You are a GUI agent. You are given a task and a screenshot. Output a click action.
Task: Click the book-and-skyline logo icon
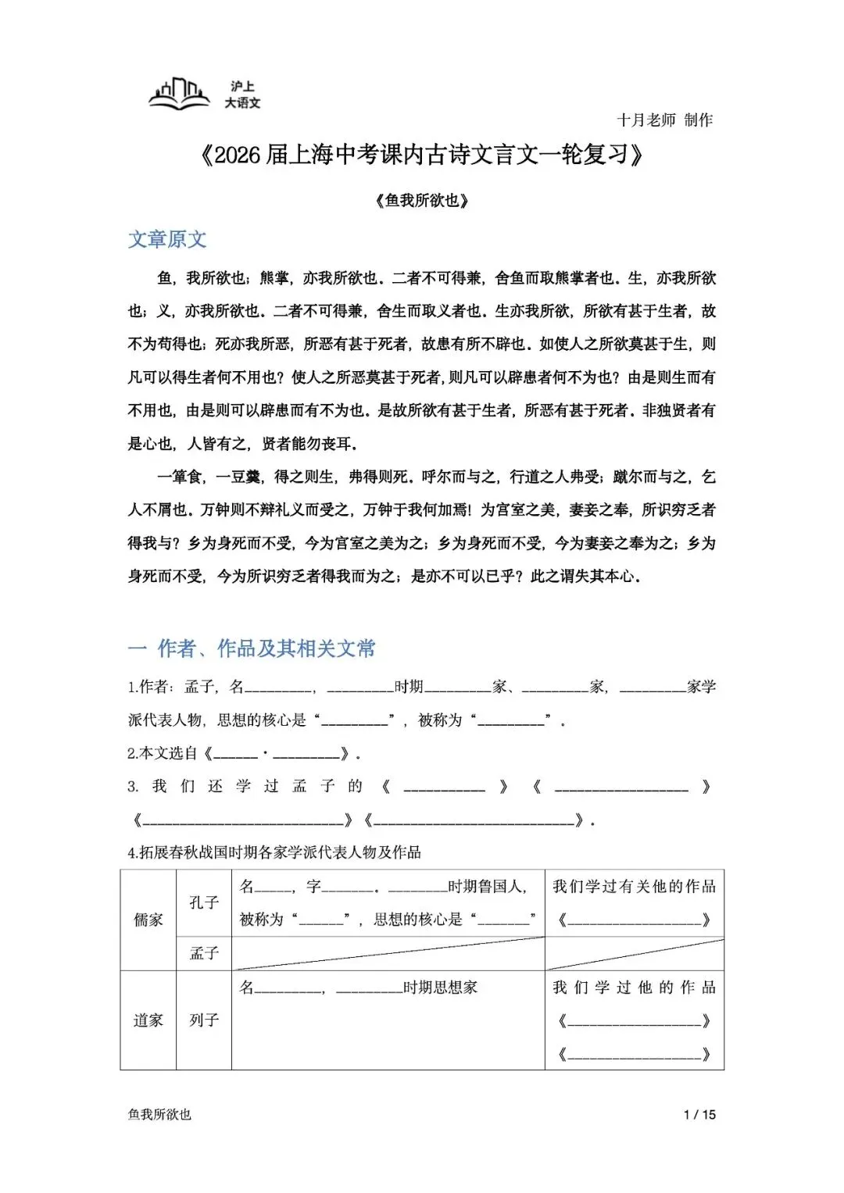(x=179, y=94)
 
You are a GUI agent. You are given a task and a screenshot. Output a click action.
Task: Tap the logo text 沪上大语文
(x=242, y=95)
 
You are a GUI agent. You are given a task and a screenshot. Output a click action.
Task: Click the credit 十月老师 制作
(x=664, y=120)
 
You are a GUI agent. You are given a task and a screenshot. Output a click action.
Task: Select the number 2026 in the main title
(x=237, y=155)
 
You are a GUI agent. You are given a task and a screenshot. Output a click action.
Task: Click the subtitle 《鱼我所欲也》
(x=422, y=200)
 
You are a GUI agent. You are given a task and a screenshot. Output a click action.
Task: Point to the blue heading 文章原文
(x=167, y=239)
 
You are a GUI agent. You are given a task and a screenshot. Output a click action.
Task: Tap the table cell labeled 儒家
(x=148, y=920)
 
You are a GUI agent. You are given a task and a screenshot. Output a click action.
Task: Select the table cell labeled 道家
(x=148, y=1020)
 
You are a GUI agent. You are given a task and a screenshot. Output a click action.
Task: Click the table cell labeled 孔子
(x=204, y=902)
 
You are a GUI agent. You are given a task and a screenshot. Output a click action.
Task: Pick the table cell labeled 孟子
(x=204, y=953)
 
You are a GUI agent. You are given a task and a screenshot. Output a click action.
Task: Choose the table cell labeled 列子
(x=204, y=1020)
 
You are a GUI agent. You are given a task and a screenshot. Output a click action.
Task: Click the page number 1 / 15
(x=699, y=1115)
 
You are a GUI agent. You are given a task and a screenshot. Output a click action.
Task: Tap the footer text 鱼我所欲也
(x=159, y=1115)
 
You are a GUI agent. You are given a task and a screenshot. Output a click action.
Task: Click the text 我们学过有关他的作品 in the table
(x=634, y=886)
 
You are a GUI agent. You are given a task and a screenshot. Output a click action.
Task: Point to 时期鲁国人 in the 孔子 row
(x=487, y=886)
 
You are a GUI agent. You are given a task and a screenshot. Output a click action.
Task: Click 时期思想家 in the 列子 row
(x=440, y=987)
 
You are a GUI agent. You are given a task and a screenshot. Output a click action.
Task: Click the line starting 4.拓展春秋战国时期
(x=274, y=852)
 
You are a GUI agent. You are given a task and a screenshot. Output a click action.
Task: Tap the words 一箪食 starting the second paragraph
(x=180, y=477)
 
